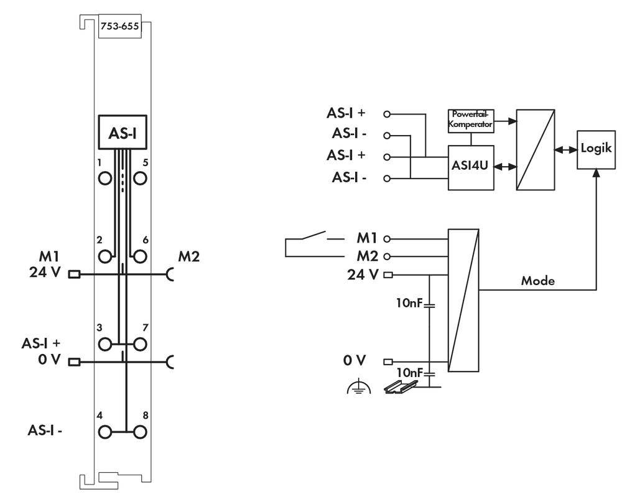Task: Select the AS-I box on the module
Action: (123, 133)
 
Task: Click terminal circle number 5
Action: (140, 178)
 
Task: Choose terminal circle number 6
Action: (140, 255)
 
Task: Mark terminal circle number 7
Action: (140, 343)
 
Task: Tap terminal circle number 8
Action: (140, 431)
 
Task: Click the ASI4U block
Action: (470, 168)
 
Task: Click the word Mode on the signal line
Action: (537, 281)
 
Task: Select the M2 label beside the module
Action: (189, 256)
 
